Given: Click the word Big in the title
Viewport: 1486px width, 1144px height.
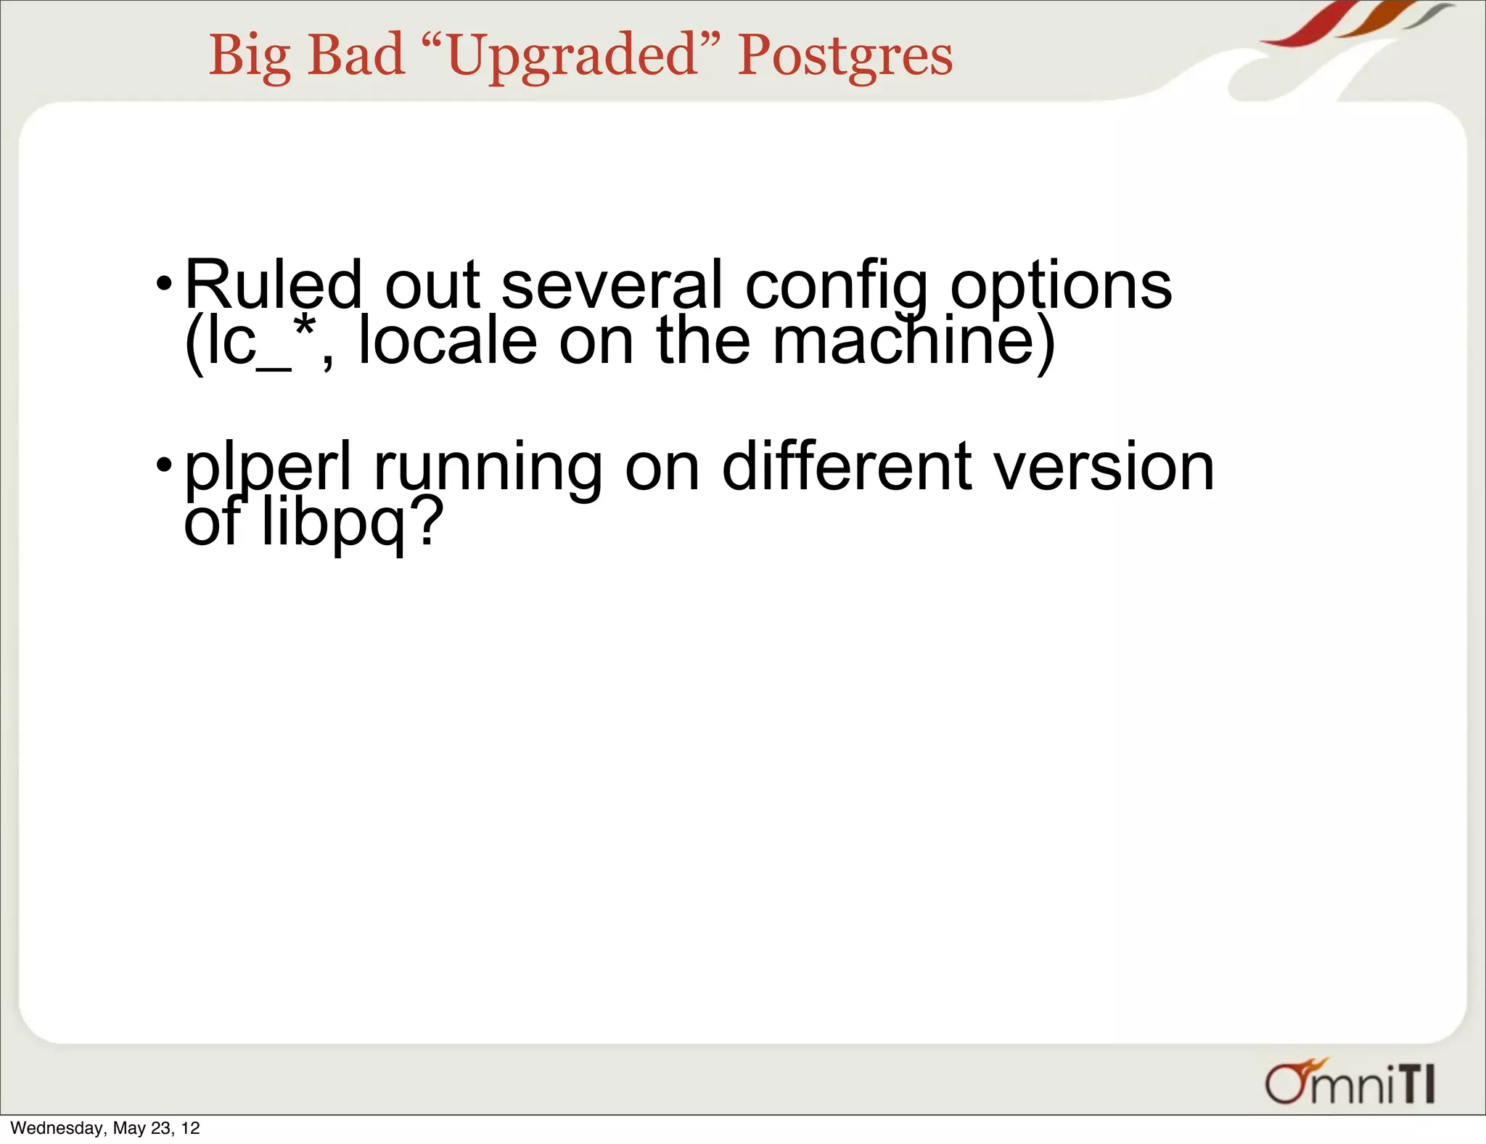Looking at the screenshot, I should (250, 57).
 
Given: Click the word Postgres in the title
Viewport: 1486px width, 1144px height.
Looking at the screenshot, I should (845, 57).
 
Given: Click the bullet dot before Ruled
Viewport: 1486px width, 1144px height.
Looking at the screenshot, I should (165, 282).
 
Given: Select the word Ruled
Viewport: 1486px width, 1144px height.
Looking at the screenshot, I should (273, 285).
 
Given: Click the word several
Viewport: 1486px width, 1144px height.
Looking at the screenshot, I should (612, 285).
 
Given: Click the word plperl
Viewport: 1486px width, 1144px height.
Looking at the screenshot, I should (268, 469).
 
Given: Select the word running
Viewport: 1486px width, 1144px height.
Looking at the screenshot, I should (488, 469).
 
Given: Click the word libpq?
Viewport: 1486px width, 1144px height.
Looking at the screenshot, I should (351, 523).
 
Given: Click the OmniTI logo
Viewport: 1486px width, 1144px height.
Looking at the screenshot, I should (1350, 1083).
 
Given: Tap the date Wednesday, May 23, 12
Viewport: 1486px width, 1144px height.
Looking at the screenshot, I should (105, 1128).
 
